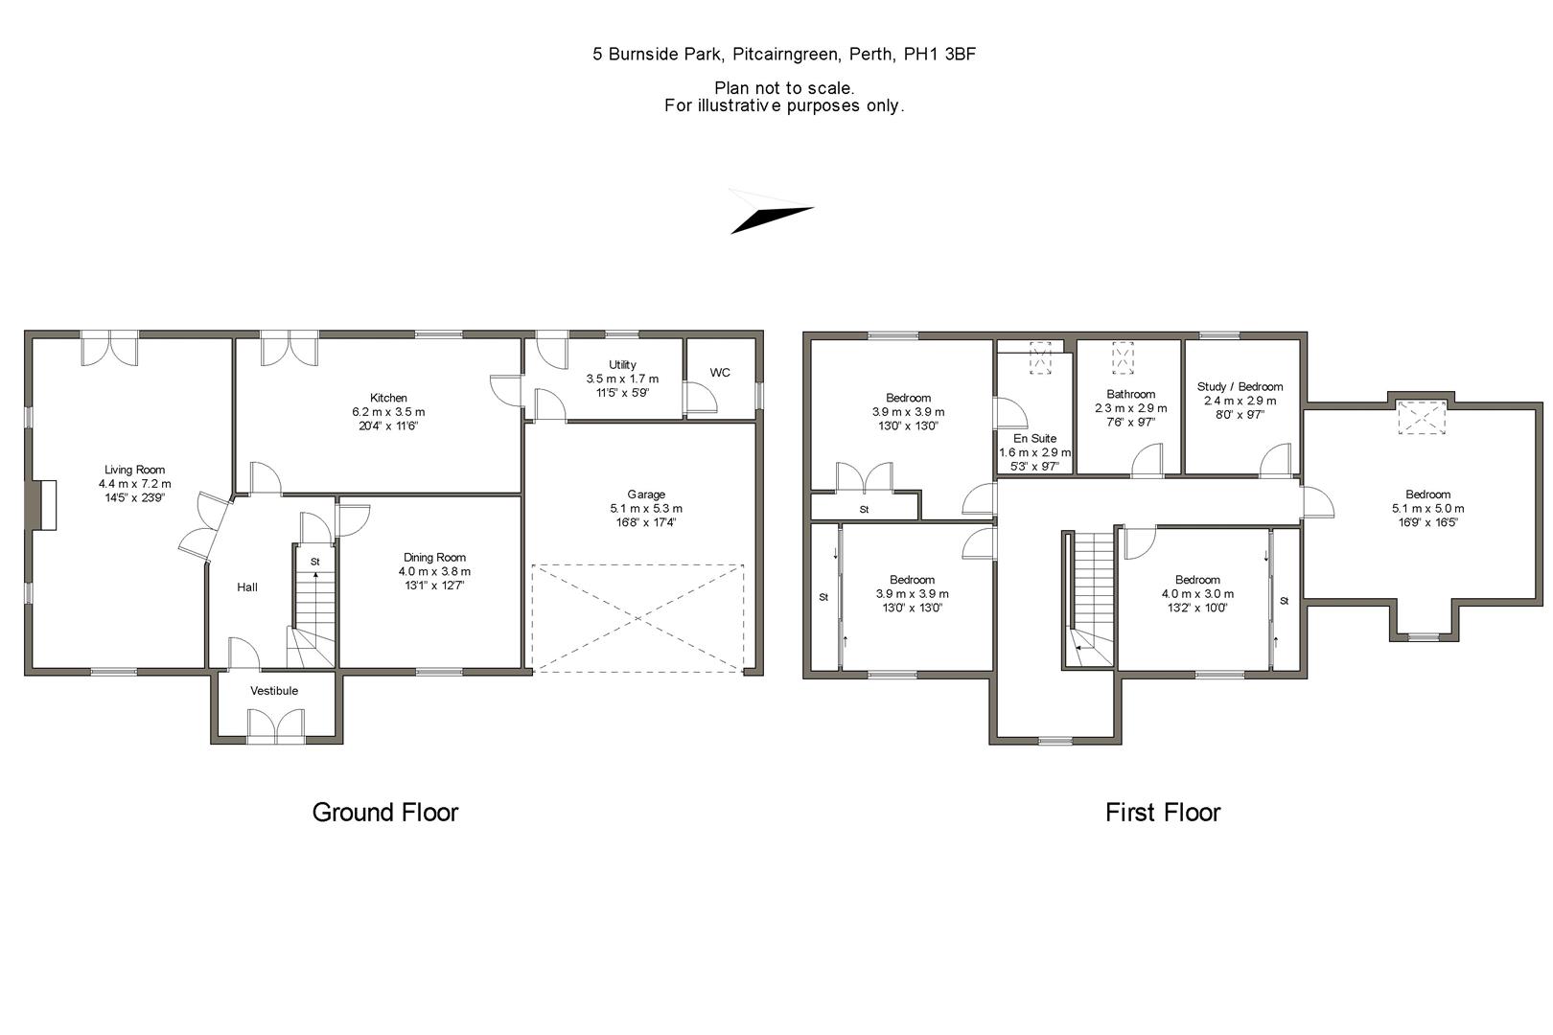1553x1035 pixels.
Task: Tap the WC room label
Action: click(x=720, y=373)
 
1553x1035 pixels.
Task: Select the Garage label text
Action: click(x=646, y=494)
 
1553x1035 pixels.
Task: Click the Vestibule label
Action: click(x=274, y=691)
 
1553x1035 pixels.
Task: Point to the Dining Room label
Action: click(x=434, y=558)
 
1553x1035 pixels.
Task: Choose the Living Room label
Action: click(x=134, y=470)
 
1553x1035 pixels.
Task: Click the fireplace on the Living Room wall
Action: click(x=44, y=504)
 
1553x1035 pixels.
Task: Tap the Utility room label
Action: click(x=622, y=365)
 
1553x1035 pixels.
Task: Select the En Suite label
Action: click(x=1034, y=439)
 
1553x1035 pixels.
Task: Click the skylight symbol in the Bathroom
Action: click(x=1122, y=357)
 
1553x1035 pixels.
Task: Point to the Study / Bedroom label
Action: click(x=1240, y=387)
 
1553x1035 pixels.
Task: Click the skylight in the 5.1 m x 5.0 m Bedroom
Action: click(x=1421, y=419)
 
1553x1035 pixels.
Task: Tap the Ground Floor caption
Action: click(x=385, y=813)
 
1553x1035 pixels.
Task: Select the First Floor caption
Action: click(x=1162, y=813)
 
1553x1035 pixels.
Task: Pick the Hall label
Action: click(x=247, y=587)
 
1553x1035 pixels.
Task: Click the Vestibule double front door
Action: click(x=275, y=725)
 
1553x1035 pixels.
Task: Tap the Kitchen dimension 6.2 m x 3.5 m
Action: click(x=388, y=412)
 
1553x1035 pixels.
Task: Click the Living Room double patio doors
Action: click(x=109, y=347)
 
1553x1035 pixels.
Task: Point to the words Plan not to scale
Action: click(x=784, y=88)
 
